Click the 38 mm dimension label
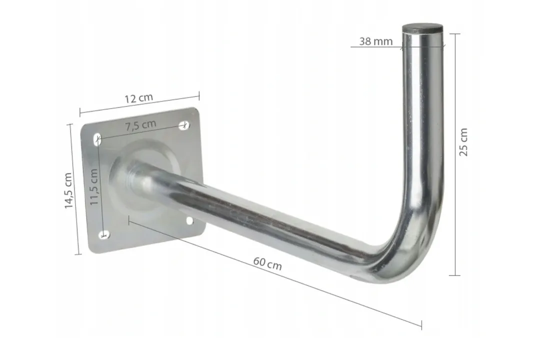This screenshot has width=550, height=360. tap(375, 41)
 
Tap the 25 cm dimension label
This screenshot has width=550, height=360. tap(463, 142)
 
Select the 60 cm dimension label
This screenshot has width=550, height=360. tap(267, 263)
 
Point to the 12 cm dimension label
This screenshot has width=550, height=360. tap(139, 98)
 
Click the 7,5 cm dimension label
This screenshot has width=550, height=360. tap(140, 124)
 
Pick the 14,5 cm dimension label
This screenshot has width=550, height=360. tap(68, 190)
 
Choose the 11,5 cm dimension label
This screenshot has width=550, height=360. tap(94, 187)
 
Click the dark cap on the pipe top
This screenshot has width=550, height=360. tap(422, 28)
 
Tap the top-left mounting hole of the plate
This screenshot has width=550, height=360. tap(97, 139)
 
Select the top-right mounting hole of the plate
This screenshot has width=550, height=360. tap(184, 125)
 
